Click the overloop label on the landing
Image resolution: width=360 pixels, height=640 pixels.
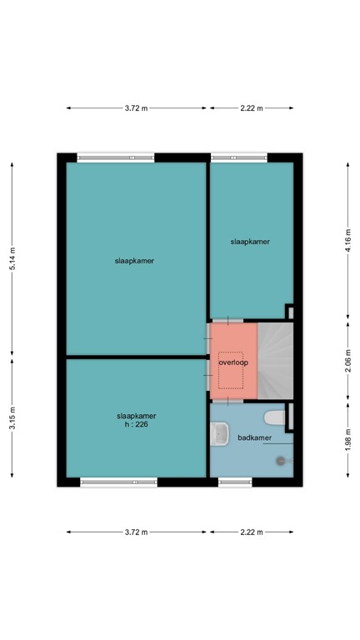point(232,362)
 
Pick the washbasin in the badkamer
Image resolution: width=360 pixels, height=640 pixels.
point(221,433)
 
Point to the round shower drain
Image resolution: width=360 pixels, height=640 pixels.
point(281,459)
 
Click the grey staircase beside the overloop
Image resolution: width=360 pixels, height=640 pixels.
point(274,361)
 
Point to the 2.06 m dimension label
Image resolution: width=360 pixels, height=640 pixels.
point(347,361)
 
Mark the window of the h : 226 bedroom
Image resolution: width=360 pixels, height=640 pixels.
point(118,482)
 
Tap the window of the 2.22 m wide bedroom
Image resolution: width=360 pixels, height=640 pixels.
point(239,157)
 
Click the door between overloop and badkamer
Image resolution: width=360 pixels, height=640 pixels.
point(226,401)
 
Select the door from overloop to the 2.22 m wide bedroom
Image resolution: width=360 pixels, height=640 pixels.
point(226,321)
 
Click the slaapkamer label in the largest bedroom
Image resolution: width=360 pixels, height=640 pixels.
point(135,261)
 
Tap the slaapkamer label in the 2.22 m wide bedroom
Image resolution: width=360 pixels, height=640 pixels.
point(250,242)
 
